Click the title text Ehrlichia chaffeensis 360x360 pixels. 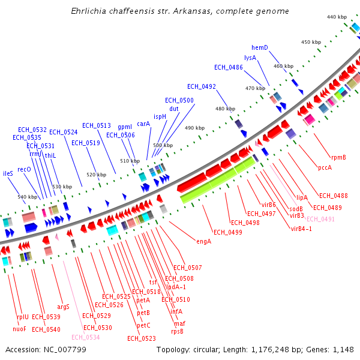point(119,11)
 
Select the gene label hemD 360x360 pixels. point(260,47)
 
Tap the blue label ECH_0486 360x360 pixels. point(229,67)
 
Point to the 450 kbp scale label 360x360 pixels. point(311,42)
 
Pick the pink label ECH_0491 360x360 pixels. point(321,219)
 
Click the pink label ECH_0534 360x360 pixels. point(86,337)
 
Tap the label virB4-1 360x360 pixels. point(301,229)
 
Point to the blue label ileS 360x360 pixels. point(8,173)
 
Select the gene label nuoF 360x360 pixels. point(19,329)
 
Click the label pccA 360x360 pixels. point(325,167)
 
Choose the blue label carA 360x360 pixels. point(143,124)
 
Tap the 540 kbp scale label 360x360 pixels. point(26,197)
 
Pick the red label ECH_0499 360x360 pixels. point(227,232)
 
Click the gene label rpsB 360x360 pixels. point(177,331)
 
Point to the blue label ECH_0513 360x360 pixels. point(97,125)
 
